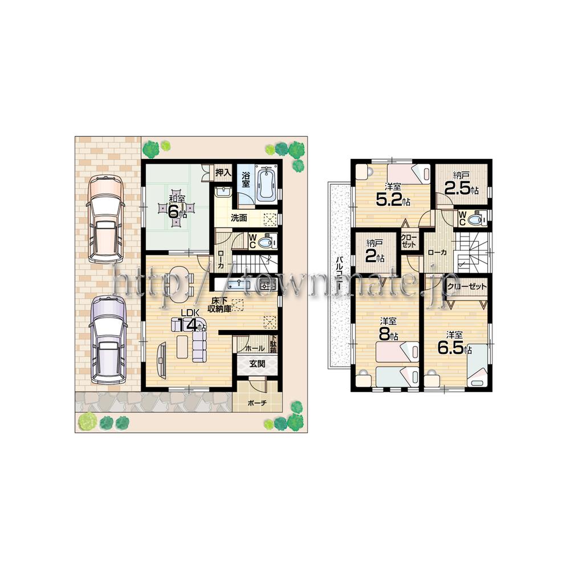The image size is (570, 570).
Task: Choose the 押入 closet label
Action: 222,172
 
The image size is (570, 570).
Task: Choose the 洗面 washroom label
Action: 239,218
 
